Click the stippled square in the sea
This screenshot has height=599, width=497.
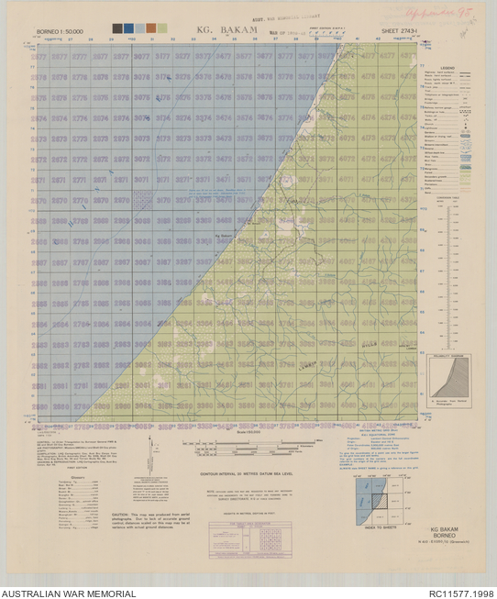(142, 199)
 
